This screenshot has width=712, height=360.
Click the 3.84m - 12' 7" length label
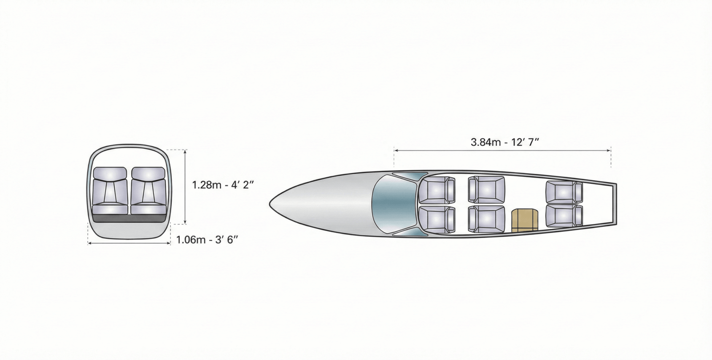pyautogui.click(x=505, y=142)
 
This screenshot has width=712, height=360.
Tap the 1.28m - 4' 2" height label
pyautogui.click(x=223, y=185)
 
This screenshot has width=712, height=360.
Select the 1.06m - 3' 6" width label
pyautogui.click(x=207, y=239)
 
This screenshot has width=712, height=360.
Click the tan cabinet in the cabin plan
pyautogui.click(x=525, y=220)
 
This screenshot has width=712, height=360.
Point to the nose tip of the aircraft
pyautogui.click(x=270, y=203)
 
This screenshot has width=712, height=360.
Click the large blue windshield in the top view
pyautogui.click(x=393, y=203)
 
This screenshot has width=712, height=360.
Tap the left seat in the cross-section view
pyautogui.click(x=110, y=190)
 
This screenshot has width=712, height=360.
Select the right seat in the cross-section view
pyautogui.click(x=149, y=190)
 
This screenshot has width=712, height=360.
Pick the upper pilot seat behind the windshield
pyautogui.click(x=437, y=190)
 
